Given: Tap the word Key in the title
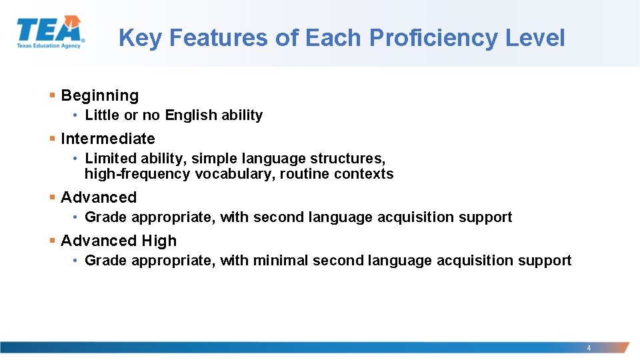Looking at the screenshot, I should tap(140, 38).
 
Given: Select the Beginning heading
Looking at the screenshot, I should tap(100, 95).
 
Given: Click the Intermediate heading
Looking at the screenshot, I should tap(108, 139).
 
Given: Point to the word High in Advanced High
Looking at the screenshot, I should tap(159, 241).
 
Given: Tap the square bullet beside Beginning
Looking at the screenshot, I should tap(53, 95).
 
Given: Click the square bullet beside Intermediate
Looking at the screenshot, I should tap(53, 139).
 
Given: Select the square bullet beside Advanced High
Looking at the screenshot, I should tap(53, 241).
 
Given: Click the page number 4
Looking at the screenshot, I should tap(589, 348).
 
